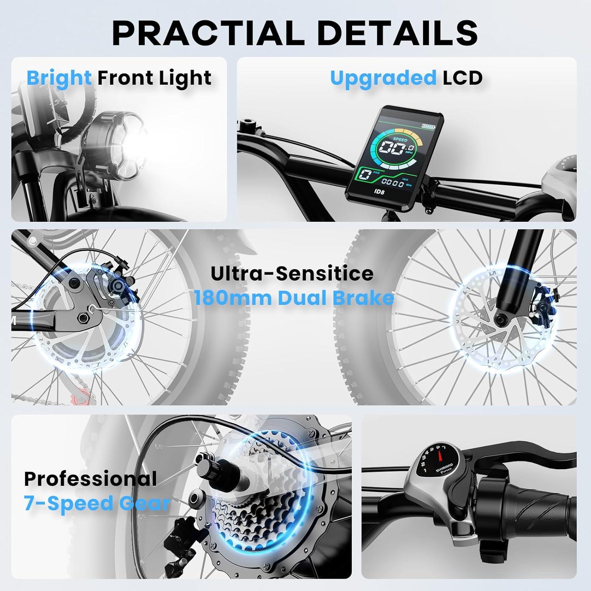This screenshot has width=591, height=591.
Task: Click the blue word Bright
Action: point(59,78)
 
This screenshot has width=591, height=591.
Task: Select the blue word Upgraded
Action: point(383,78)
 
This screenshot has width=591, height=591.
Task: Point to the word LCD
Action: point(463,78)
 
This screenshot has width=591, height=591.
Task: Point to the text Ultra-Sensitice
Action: point(292,273)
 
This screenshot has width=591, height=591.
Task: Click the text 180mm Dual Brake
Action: point(294,298)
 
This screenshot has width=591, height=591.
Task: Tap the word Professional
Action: point(91,478)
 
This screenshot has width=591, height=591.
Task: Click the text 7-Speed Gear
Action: point(97,504)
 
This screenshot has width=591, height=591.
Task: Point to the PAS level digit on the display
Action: point(365,175)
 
